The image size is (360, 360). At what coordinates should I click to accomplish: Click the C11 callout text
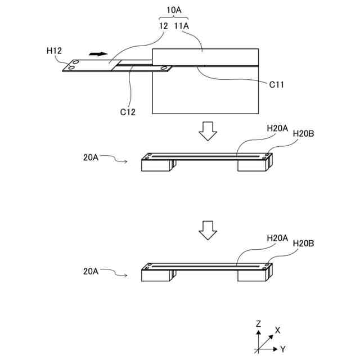[276, 85]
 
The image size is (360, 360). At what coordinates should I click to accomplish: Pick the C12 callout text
[127, 111]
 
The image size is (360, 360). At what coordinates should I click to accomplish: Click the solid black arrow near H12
[97, 54]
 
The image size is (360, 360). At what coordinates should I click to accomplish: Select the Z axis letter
[258, 324]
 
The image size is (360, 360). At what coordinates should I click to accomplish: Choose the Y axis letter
[282, 349]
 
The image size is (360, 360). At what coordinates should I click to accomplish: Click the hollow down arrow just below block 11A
[208, 131]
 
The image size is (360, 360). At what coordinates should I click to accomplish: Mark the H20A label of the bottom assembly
[277, 238]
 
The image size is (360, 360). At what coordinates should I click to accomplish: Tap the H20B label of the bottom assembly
[304, 244]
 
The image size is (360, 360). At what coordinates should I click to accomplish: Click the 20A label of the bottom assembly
[91, 271]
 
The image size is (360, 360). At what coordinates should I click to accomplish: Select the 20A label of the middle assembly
[91, 159]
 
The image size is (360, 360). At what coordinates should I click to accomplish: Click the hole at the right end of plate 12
[164, 69]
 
